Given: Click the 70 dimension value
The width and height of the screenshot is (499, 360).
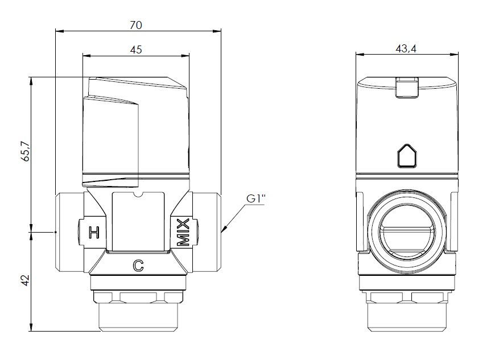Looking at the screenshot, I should coord(135,25).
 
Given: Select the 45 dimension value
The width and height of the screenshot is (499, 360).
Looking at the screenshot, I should coord(135,49).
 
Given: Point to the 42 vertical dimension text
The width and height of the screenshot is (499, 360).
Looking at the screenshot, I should coord(24,280).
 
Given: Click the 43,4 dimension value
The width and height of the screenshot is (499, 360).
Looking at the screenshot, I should coord(406,49).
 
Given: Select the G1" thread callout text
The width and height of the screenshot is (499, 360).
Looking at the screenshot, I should coord(255,199).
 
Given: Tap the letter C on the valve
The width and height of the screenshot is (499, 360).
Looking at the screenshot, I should coord(137,264).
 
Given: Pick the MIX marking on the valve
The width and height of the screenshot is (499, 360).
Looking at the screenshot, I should coord(183,232).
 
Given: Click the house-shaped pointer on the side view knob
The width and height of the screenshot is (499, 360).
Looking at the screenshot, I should coord(406,156).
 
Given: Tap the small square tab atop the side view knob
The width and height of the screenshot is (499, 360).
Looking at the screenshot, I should coord(406,86).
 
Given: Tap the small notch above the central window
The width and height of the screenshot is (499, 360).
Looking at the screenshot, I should coord(138,197).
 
